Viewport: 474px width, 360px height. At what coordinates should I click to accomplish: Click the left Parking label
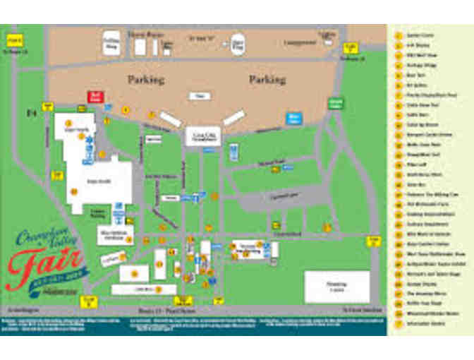146,80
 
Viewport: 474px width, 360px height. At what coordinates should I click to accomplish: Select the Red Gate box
95,97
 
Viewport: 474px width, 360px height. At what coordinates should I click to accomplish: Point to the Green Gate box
336,104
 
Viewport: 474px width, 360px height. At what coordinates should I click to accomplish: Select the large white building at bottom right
336,286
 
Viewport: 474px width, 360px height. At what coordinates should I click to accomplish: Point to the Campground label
300,42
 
